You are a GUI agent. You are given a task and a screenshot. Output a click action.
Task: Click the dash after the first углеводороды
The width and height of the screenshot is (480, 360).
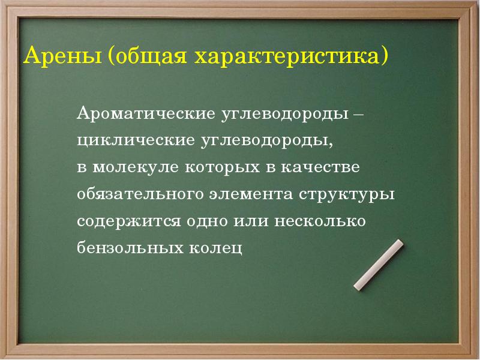(358, 113)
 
